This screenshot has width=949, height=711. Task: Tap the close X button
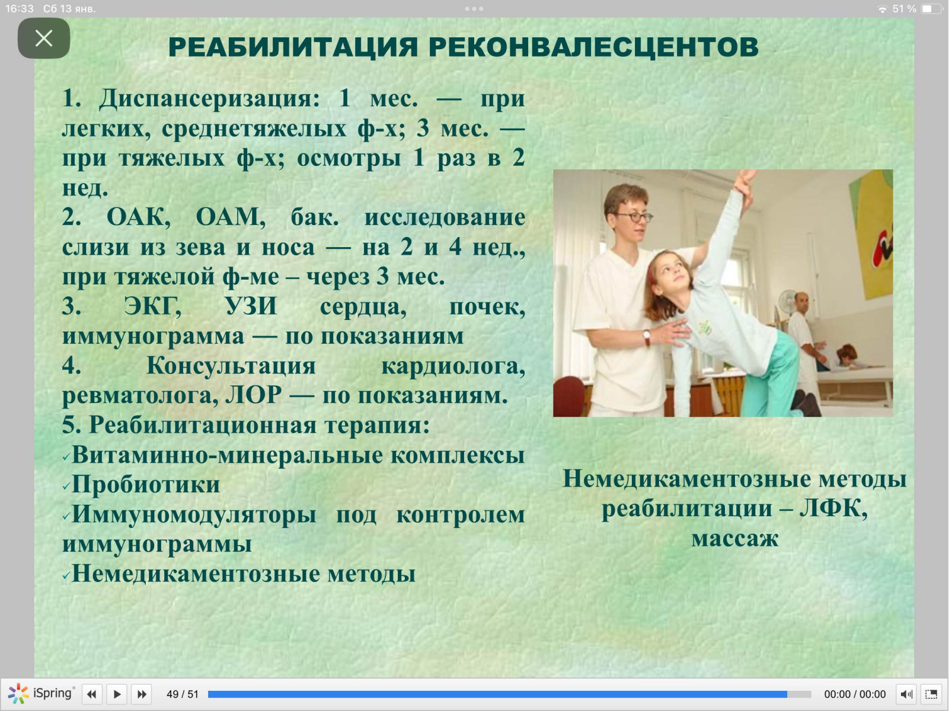coord(44,39)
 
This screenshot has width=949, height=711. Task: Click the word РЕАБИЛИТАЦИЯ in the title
coord(293,47)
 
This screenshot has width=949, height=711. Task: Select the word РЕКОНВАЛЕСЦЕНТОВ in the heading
coord(593,47)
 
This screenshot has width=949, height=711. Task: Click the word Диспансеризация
coord(209,100)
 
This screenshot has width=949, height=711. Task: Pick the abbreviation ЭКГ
coord(152,306)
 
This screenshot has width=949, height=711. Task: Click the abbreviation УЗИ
coord(251,306)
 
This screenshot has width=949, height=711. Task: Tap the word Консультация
coord(231,366)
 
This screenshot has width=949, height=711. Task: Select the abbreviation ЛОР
coord(254,395)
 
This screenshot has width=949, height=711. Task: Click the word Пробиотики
coord(146,485)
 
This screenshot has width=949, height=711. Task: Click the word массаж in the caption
coord(734,538)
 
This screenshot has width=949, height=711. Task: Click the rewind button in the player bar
coord(92,694)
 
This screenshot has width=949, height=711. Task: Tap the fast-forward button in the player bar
coord(142,694)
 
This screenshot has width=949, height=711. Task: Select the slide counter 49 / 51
coord(183,694)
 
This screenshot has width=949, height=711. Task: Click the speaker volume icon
coord(907,694)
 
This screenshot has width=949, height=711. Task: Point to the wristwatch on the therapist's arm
coord(647,337)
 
